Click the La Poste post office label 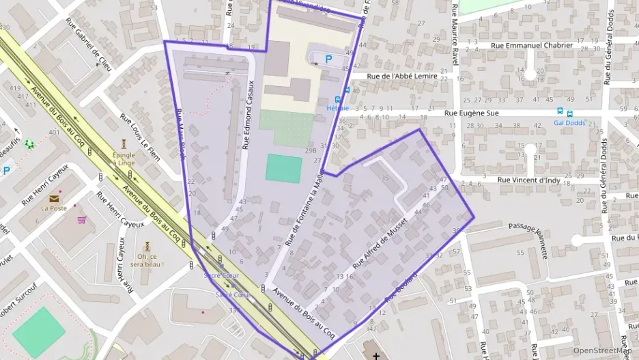coord(53,208)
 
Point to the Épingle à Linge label coord(124,158)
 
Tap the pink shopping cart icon coord(82,220)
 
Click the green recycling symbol coord(28,144)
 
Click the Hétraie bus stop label coord(337,108)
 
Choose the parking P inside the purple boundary coord(328,59)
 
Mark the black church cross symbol coord(376,355)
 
